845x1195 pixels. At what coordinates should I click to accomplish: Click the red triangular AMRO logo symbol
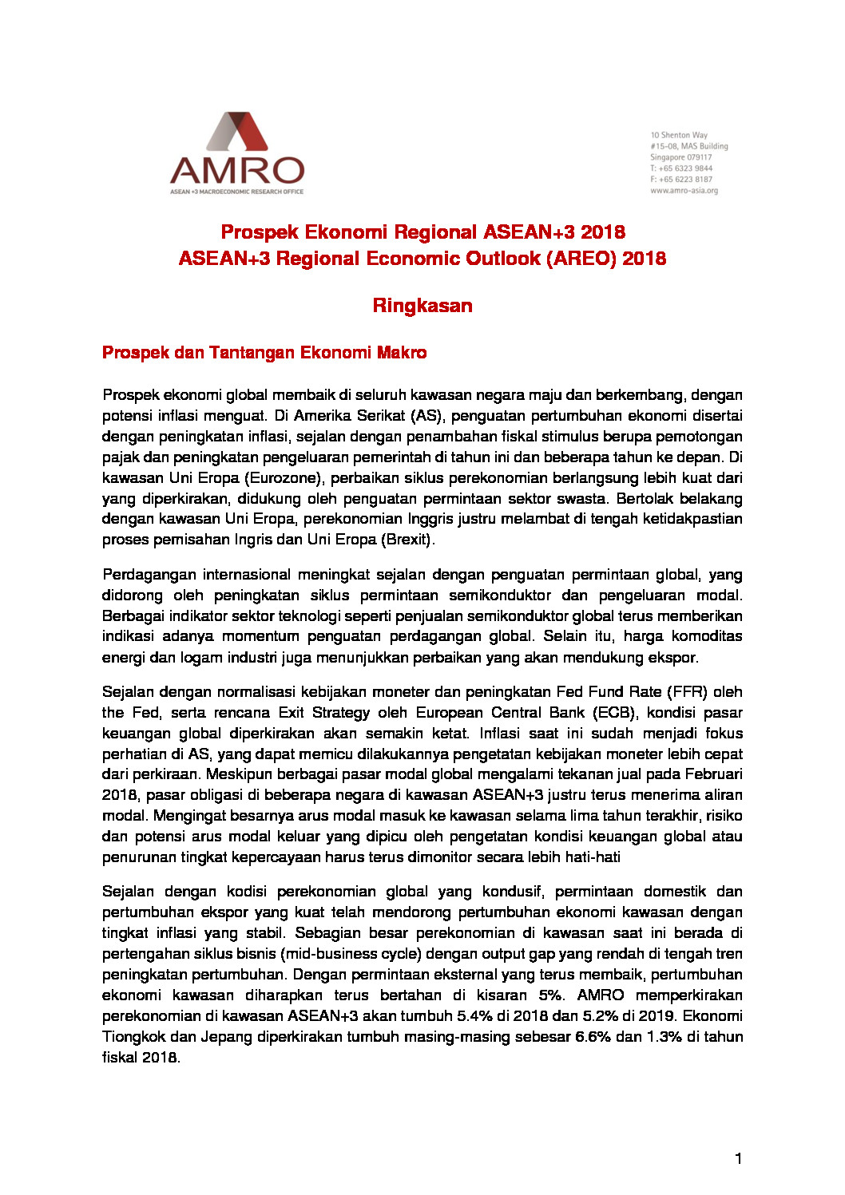click(237, 132)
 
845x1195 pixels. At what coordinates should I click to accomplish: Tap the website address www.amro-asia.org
click(684, 191)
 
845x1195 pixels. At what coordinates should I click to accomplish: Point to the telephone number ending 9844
click(681, 168)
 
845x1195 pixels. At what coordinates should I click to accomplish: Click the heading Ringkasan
click(422, 306)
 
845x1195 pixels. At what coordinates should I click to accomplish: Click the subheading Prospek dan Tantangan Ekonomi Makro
click(264, 353)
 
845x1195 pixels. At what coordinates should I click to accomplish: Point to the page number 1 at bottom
click(739, 1158)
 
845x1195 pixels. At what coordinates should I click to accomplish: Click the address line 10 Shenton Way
click(679, 135)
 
